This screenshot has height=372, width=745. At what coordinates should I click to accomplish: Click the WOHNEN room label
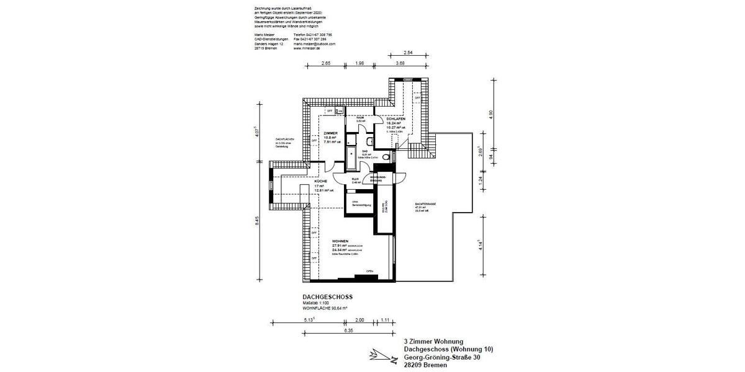(340, 241)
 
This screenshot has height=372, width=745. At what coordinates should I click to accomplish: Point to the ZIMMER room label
(330, 133)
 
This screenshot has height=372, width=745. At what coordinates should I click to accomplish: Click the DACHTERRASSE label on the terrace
(424, 204)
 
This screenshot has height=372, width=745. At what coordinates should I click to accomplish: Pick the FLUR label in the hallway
(355, 179)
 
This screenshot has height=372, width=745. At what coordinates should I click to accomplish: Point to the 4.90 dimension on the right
(490, 114)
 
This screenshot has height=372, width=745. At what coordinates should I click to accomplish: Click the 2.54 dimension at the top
(409, 53)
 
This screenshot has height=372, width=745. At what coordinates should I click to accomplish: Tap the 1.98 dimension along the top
(359, 63)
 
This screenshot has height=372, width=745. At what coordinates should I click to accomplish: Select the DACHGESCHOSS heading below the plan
(327, 297)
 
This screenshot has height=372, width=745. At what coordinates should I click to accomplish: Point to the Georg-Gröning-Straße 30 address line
(441, 357)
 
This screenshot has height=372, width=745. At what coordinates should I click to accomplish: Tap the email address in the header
(314, 44)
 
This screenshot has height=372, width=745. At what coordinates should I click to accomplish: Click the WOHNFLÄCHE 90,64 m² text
(325, 308)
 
